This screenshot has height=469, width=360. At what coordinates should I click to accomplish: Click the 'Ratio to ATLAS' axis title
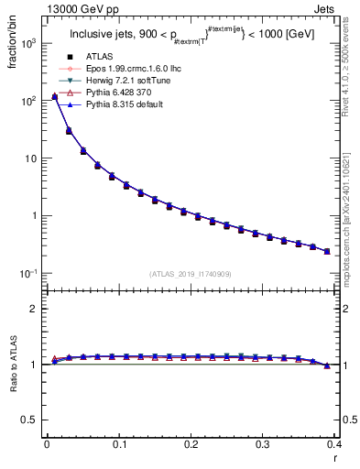point(12,366)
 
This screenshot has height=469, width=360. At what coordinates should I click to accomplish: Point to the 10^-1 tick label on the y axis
point(28,274)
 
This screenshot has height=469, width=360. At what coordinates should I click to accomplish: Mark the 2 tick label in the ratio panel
point(34,309)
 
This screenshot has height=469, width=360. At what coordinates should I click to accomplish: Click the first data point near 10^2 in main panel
point(54,96)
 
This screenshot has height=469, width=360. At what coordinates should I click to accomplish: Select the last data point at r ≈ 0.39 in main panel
point(327,251)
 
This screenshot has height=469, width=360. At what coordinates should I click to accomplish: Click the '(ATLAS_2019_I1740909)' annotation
point(191,273)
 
